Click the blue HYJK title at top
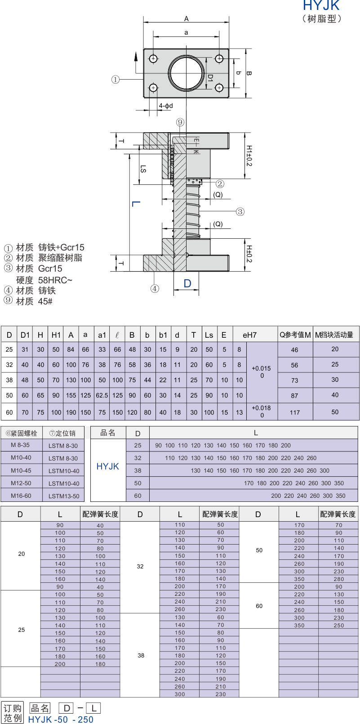point(321,5)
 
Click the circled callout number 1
point(116,80)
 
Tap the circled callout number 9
point(180,122)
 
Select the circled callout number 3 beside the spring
point(240,212)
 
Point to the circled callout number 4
point(155,289)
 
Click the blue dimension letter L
point(136,204)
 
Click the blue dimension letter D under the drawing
point(187,283)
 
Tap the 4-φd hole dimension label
point(166,106)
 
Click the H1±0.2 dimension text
point(249,156)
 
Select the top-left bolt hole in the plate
point(153,58)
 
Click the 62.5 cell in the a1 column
point(102,395)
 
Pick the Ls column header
point(209,335)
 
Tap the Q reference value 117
point(295,412)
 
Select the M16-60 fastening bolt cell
point(21,496)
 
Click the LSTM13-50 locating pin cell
point(64,496)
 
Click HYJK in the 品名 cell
point(107,466)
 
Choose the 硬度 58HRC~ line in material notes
point(44,280)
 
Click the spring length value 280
point(339,579)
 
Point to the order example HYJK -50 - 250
point(61,719)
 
